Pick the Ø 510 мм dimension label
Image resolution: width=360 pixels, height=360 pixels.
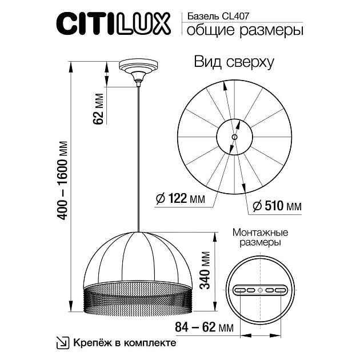[277, 206]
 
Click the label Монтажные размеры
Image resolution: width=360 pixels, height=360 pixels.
[260, 238]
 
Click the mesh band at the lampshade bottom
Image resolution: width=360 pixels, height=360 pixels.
[137, 299]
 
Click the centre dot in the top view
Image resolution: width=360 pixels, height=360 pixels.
[234, 137]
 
